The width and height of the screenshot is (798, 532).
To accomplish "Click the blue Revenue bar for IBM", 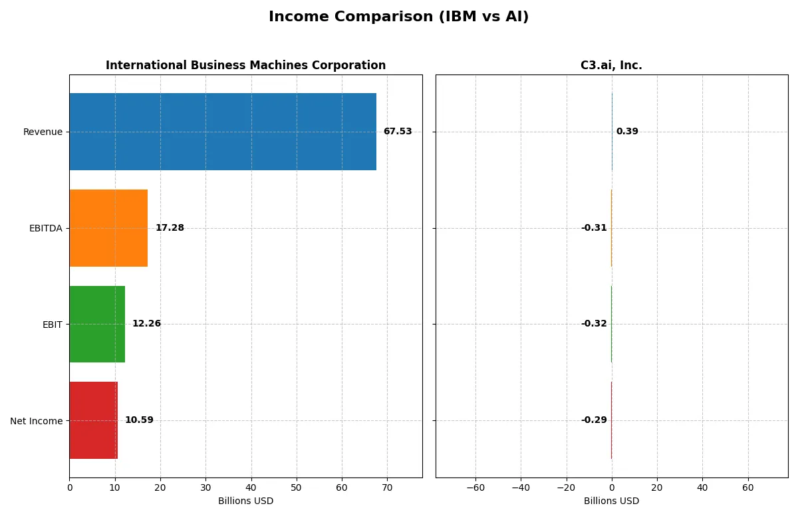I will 223,132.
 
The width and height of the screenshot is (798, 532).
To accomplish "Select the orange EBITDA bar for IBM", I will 108,228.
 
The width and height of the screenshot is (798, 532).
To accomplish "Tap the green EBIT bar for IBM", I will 97,324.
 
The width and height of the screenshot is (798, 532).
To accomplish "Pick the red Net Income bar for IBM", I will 93,420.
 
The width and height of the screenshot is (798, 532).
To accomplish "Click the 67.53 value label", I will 397,132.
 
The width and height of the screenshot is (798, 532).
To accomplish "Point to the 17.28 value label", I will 170,228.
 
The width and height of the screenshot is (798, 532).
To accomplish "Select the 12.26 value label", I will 146,324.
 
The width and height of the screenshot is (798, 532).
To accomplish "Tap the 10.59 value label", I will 139,420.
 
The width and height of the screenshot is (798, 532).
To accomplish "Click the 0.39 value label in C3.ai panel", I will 627,132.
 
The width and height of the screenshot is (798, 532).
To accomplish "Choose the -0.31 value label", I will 594,228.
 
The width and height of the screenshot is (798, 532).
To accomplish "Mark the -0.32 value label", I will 594,324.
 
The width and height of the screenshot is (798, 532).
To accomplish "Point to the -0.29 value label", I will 594,420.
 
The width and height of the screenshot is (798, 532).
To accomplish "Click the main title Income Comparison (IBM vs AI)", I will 399,17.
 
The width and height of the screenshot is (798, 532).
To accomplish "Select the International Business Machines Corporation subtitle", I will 245,66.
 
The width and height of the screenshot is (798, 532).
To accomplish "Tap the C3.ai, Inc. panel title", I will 611,66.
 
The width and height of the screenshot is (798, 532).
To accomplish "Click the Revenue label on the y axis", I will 43,132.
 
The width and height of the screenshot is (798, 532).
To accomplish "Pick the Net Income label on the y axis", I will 37,420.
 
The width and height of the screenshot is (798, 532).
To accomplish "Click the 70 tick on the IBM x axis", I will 387,487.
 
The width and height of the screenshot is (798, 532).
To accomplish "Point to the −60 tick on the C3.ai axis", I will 475,487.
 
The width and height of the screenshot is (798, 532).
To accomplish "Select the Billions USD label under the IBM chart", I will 245,501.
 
